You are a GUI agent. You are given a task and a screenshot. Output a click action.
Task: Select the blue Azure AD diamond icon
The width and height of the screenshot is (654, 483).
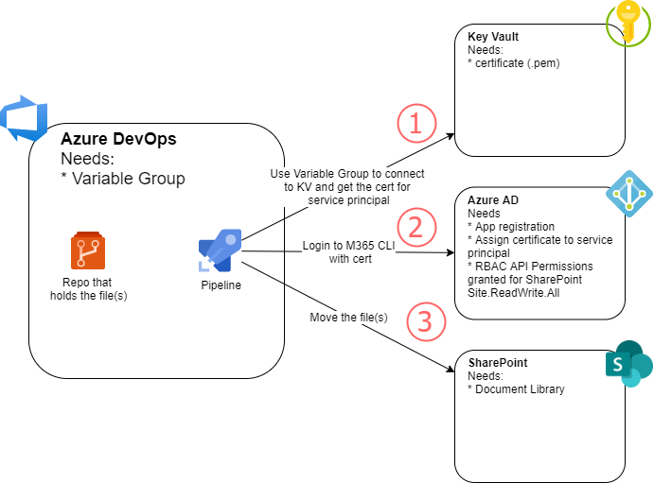click(x=628, y=193)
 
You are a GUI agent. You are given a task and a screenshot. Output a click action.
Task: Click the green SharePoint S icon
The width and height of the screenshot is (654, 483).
click(x=628, y=364)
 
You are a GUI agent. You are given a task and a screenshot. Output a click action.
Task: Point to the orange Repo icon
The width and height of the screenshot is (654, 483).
click(x=86, y=251)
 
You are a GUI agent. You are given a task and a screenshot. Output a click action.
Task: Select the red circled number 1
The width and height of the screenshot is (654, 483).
click(x=415, y=123)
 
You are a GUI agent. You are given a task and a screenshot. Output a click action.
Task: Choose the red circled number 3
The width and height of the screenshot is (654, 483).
click(x=425, y=321)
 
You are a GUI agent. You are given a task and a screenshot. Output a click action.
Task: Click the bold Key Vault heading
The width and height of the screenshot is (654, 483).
click(x=493, y=37)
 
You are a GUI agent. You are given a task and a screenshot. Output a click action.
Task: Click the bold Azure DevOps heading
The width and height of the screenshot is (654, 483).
click(x=118, y=139)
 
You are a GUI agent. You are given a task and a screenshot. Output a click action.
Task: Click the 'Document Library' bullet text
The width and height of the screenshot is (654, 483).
click(x=519, y=388)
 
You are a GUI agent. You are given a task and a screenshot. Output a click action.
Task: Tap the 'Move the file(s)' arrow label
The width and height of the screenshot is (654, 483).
click(x=348, y=317)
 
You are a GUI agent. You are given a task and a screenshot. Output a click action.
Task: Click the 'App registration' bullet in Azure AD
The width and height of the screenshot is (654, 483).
click(x=515, y=226)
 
